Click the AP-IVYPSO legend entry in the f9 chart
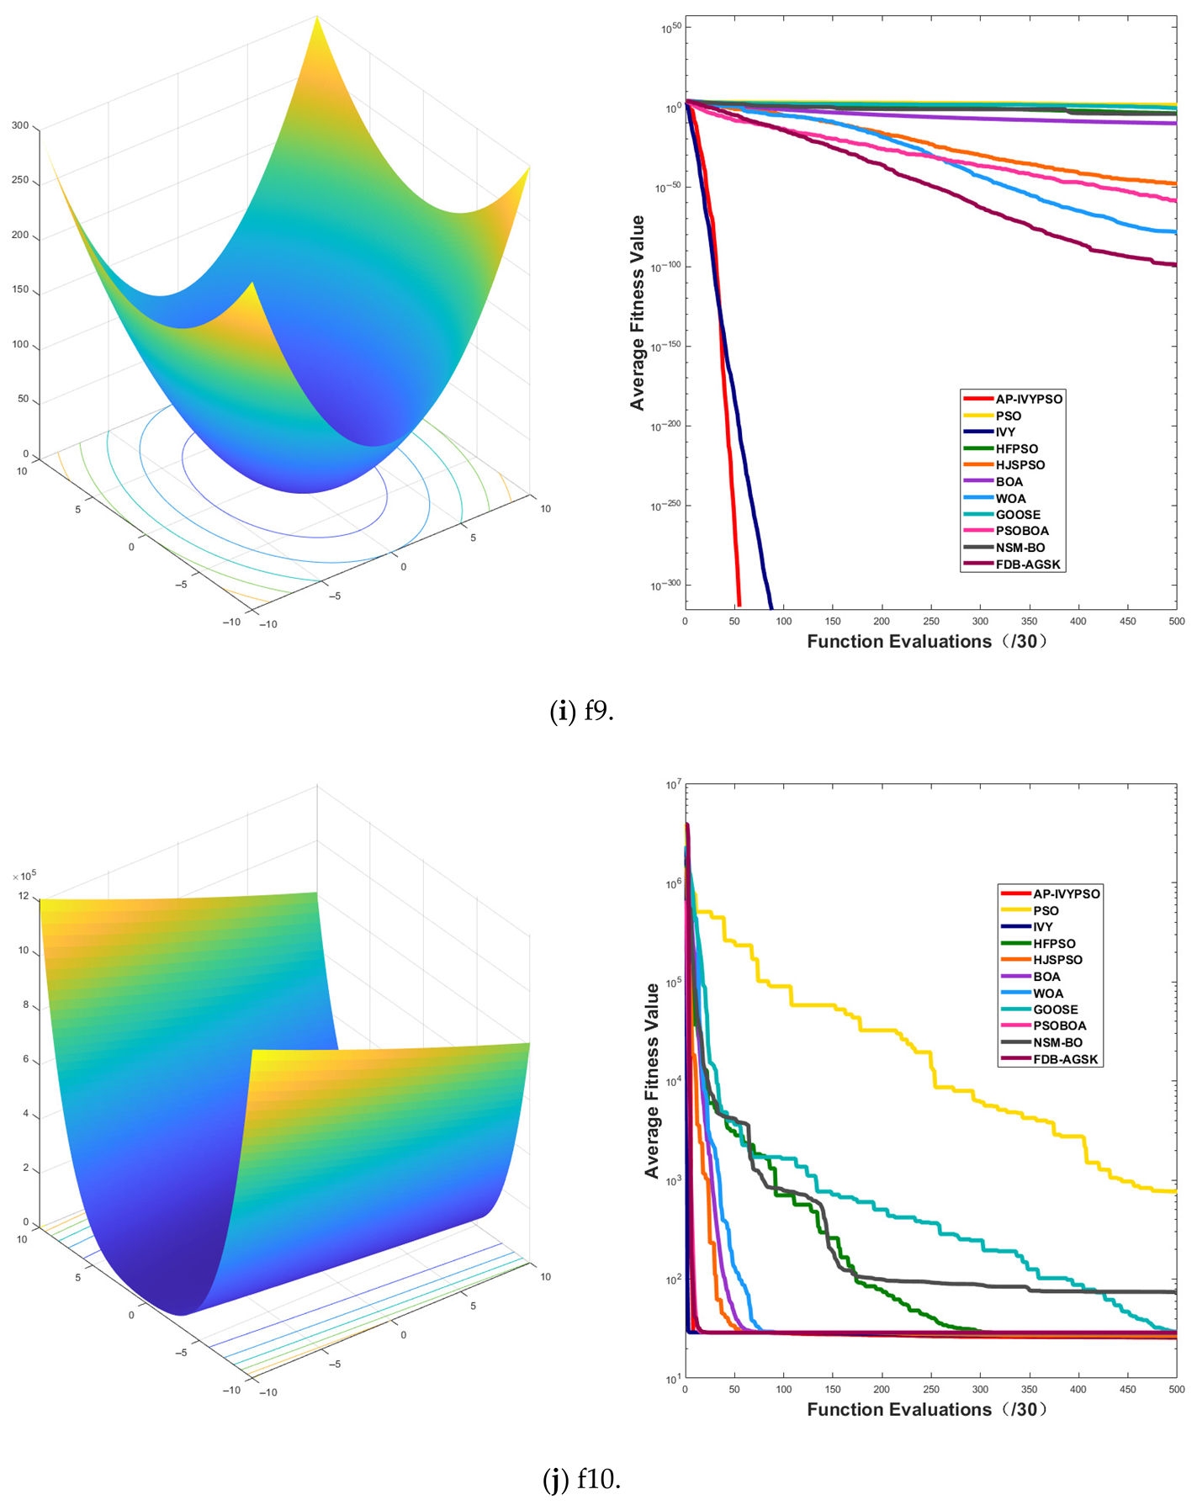pyautogui.click(x=1028, y=399)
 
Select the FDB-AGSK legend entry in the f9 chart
pyautogui.click(x=1027, y=564)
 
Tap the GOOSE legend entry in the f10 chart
pyautogui.click(x=1055, y=1010)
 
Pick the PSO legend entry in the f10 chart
pyautogui.click(x=1046, y=910)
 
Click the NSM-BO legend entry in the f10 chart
pyautogui.click(x=1057, y=1042)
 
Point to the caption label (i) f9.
pyautogui.click(x=581, y=712)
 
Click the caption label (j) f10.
pyautogui.click(x=581, y=1479)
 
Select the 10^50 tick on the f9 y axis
pyautogui.click(x=670, y=29)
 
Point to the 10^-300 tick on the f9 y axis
pyautogui.click(x=666, y=585)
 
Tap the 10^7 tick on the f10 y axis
pyautogui.click(x=673, y=785)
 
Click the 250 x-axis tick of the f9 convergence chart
pyautogui.click(x=931, y=622)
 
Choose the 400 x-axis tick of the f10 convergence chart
pyautogui.click(x=1078, y=1390)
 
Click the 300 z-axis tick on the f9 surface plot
pyautogui.click(x=20, y=125)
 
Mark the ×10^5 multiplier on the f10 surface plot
pyautogui.click(x=24, y=877)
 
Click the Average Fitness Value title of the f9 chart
pyautogui.click(x=638, y=313)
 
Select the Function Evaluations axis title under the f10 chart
pyautogui.click(x=927, y=1410)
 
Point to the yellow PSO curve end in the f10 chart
pyautogui.click(x=1173, y=1191)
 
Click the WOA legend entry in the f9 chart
pyautogui.click(x=1010, y=498)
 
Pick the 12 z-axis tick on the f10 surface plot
pyautogui.click(x=24, y=896)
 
